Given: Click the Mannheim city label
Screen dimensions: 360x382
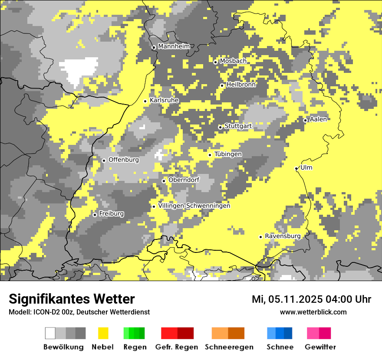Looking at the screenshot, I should [x=174, y=46].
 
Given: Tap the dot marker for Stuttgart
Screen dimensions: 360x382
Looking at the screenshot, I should [x=220, y=127].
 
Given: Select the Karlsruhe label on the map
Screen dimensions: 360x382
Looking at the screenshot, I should [x=164, y=100].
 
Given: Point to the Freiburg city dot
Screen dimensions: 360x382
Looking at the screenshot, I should [x=95, y=215].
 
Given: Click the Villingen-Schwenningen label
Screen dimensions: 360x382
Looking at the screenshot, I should [x=194, y=206].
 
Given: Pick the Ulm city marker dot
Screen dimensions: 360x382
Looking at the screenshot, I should [x=296, y=168].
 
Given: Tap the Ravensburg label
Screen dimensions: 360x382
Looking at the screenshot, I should [x=283, y=236].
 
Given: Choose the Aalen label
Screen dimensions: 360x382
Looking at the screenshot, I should [x=318, y=119].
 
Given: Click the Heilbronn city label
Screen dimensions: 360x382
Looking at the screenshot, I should [x=241, y=85].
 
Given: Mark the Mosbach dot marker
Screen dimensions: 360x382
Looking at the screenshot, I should [x=215, y=62].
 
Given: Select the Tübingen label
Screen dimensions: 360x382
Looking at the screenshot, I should [x=228, y=154].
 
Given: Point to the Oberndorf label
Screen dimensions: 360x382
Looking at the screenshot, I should [x=184, y=180].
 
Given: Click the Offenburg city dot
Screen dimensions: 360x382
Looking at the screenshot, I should [x=104, y=160].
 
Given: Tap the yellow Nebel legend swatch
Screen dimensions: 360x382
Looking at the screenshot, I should [x=103, y=333].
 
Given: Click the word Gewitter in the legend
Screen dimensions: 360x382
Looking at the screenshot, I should [x=320, y=347].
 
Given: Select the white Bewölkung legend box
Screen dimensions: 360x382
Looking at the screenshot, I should [x=50, y=333].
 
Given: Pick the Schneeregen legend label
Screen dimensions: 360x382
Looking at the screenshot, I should [x=229, y=347].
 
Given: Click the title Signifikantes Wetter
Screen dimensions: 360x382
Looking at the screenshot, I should [x=72, y=299].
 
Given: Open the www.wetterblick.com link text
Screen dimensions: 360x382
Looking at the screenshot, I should [x=313, y=312].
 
